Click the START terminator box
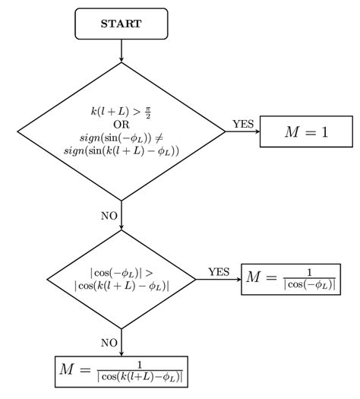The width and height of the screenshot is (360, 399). tap(122, 23)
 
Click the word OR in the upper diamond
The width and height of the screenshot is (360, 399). tap(122, 124)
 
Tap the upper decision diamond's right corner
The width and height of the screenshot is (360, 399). tap(224, 131)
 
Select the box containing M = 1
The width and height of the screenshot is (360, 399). tap(306, 131)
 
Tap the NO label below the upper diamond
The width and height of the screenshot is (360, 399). tap(109, 216)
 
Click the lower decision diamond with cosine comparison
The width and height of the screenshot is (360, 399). tap(122, 279)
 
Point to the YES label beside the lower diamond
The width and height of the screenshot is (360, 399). tap(219, 272)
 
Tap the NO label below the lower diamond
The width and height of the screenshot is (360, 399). tap(109, 343)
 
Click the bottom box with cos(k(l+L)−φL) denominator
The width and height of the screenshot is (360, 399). tap(122, 372)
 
